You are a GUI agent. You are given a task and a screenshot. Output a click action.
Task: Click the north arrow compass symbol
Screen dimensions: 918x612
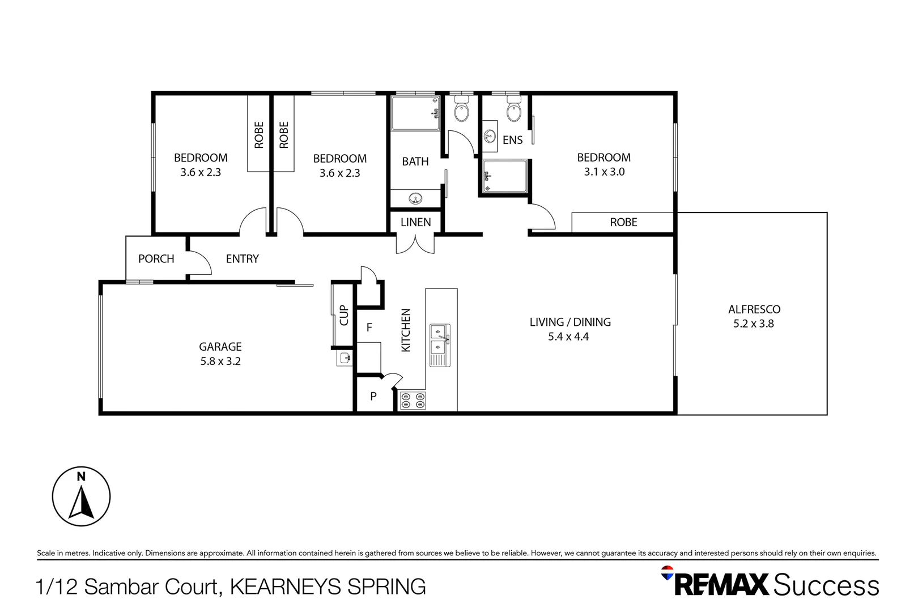tap(81, 496)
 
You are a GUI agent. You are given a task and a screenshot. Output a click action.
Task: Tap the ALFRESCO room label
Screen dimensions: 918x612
tap(754, 309)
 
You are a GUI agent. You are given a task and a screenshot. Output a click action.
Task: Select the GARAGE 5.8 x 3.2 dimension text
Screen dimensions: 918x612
tap(220, 361)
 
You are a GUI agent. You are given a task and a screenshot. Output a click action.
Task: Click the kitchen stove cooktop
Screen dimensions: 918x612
tap(413, 401)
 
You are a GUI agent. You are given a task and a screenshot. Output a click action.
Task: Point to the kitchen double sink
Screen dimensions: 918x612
tap(440, 345)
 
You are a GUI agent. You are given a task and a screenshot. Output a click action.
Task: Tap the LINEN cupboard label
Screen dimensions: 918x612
tap(415, 222)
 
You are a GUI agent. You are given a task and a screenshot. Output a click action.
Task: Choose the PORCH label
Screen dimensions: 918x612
tap(156, 258)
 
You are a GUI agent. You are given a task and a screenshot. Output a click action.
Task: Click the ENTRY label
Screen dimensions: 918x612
tap(242, 258)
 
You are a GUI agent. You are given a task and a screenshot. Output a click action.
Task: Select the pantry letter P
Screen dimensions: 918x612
tap(373, 397)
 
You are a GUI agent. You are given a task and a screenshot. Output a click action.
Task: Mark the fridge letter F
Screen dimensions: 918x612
tap(369, 328)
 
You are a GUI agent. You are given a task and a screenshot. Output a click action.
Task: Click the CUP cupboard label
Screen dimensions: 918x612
tap(344, 315)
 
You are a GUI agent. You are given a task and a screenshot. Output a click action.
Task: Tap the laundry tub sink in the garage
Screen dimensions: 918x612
tap(345, 358)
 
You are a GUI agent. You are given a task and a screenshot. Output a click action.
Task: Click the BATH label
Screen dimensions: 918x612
tap(415, 161)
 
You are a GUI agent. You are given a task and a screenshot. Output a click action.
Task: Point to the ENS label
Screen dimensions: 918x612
tap(512, 140)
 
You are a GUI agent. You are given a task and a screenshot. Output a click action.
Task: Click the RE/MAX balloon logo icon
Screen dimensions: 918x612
tap(667, 573)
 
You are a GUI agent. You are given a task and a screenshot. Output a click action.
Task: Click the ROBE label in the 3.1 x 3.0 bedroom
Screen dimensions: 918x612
tap(623, 222)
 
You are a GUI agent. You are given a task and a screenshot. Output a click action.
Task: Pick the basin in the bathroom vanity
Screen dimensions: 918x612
tap(415, 199)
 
